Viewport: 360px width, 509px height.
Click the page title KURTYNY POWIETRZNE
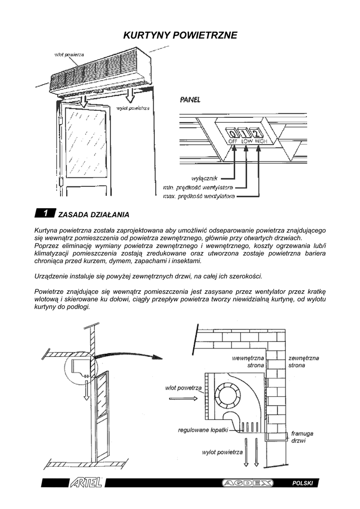coord(180,35)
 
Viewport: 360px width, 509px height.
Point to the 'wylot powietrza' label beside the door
coord(133,108)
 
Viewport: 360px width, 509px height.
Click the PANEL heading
coord(190,100)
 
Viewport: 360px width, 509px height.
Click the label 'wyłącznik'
coord(204,178)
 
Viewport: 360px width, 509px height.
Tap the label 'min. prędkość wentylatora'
coord(198,187)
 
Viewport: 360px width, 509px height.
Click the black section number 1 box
coord(45,214)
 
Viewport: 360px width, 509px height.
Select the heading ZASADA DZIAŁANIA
coord(93,215)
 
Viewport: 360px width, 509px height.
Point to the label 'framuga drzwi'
coord(302,436)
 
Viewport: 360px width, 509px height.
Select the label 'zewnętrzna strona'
coord(303,361)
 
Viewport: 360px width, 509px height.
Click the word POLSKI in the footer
coord(302,484)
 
